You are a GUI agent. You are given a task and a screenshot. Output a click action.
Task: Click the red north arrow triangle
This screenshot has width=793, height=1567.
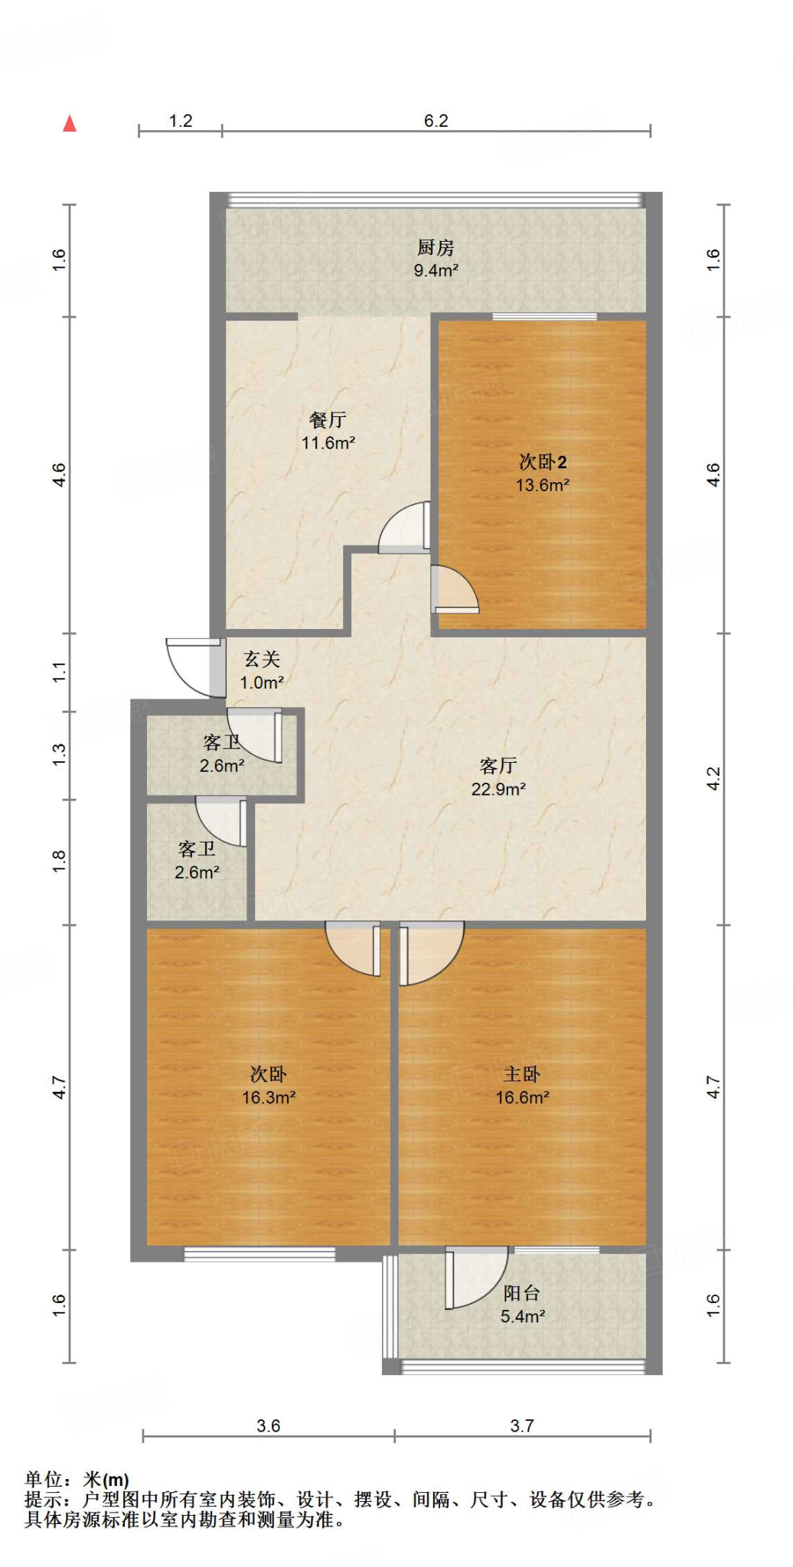click(x=70, y=123)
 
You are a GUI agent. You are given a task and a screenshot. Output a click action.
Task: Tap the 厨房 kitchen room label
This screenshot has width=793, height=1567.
click(x=436, y=247)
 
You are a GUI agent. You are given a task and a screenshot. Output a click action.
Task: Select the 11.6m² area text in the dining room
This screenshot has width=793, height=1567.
click(x=328, y=442)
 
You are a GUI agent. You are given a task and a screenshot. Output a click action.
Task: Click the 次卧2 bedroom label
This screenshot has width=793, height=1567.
click(x=543, y=461)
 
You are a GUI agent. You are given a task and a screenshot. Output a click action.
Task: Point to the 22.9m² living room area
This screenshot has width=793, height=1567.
click(x=498, y=789)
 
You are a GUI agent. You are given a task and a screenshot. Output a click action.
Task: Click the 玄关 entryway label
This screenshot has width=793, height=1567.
click(x=262, y=659)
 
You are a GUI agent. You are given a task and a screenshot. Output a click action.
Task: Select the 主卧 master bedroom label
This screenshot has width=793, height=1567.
click(x=522, y=1074)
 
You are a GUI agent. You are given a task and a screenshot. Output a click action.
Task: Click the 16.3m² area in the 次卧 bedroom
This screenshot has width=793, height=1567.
click(x=269, y=1097)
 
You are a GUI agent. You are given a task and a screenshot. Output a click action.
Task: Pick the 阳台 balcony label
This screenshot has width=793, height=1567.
click(x=522, y=1293)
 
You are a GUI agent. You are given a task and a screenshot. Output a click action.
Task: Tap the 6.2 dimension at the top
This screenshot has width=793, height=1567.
click(x=436, y=120)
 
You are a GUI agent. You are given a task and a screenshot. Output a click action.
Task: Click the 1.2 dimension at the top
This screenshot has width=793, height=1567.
click(x=181, y=120)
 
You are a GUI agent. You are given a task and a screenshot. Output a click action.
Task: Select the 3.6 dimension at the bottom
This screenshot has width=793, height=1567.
click(x=269, y=1425)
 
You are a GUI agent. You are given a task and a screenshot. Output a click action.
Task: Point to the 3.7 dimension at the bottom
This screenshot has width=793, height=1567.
click(x=522, y=1425)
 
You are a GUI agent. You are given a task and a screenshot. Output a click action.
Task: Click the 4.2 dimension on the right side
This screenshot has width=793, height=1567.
click(x=713, y=779)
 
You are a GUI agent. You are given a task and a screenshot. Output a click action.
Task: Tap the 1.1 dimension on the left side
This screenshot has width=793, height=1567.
click(x=60, y=673)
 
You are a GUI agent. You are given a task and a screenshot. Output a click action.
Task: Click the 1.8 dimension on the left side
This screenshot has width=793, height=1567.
click(x=60, y=862)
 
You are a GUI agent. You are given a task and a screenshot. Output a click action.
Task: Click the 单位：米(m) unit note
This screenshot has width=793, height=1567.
click(x=77, y=1480)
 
